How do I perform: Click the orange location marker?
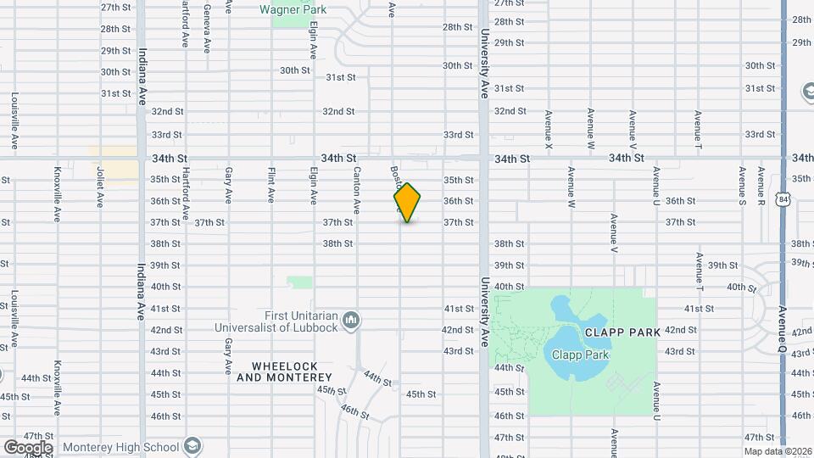pos(408,203)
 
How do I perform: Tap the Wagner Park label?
pos(293,10)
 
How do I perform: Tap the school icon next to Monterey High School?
pos(192,446)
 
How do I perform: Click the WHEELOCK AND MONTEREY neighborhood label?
pos(291,371)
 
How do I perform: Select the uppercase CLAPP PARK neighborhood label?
pos(621,332)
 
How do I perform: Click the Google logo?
pos(28,447)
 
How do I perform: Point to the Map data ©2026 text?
pos(778,450)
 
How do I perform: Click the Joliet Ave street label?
pos(100,187)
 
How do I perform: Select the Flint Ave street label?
pos(271,183)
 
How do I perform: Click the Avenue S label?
pos(742,186)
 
